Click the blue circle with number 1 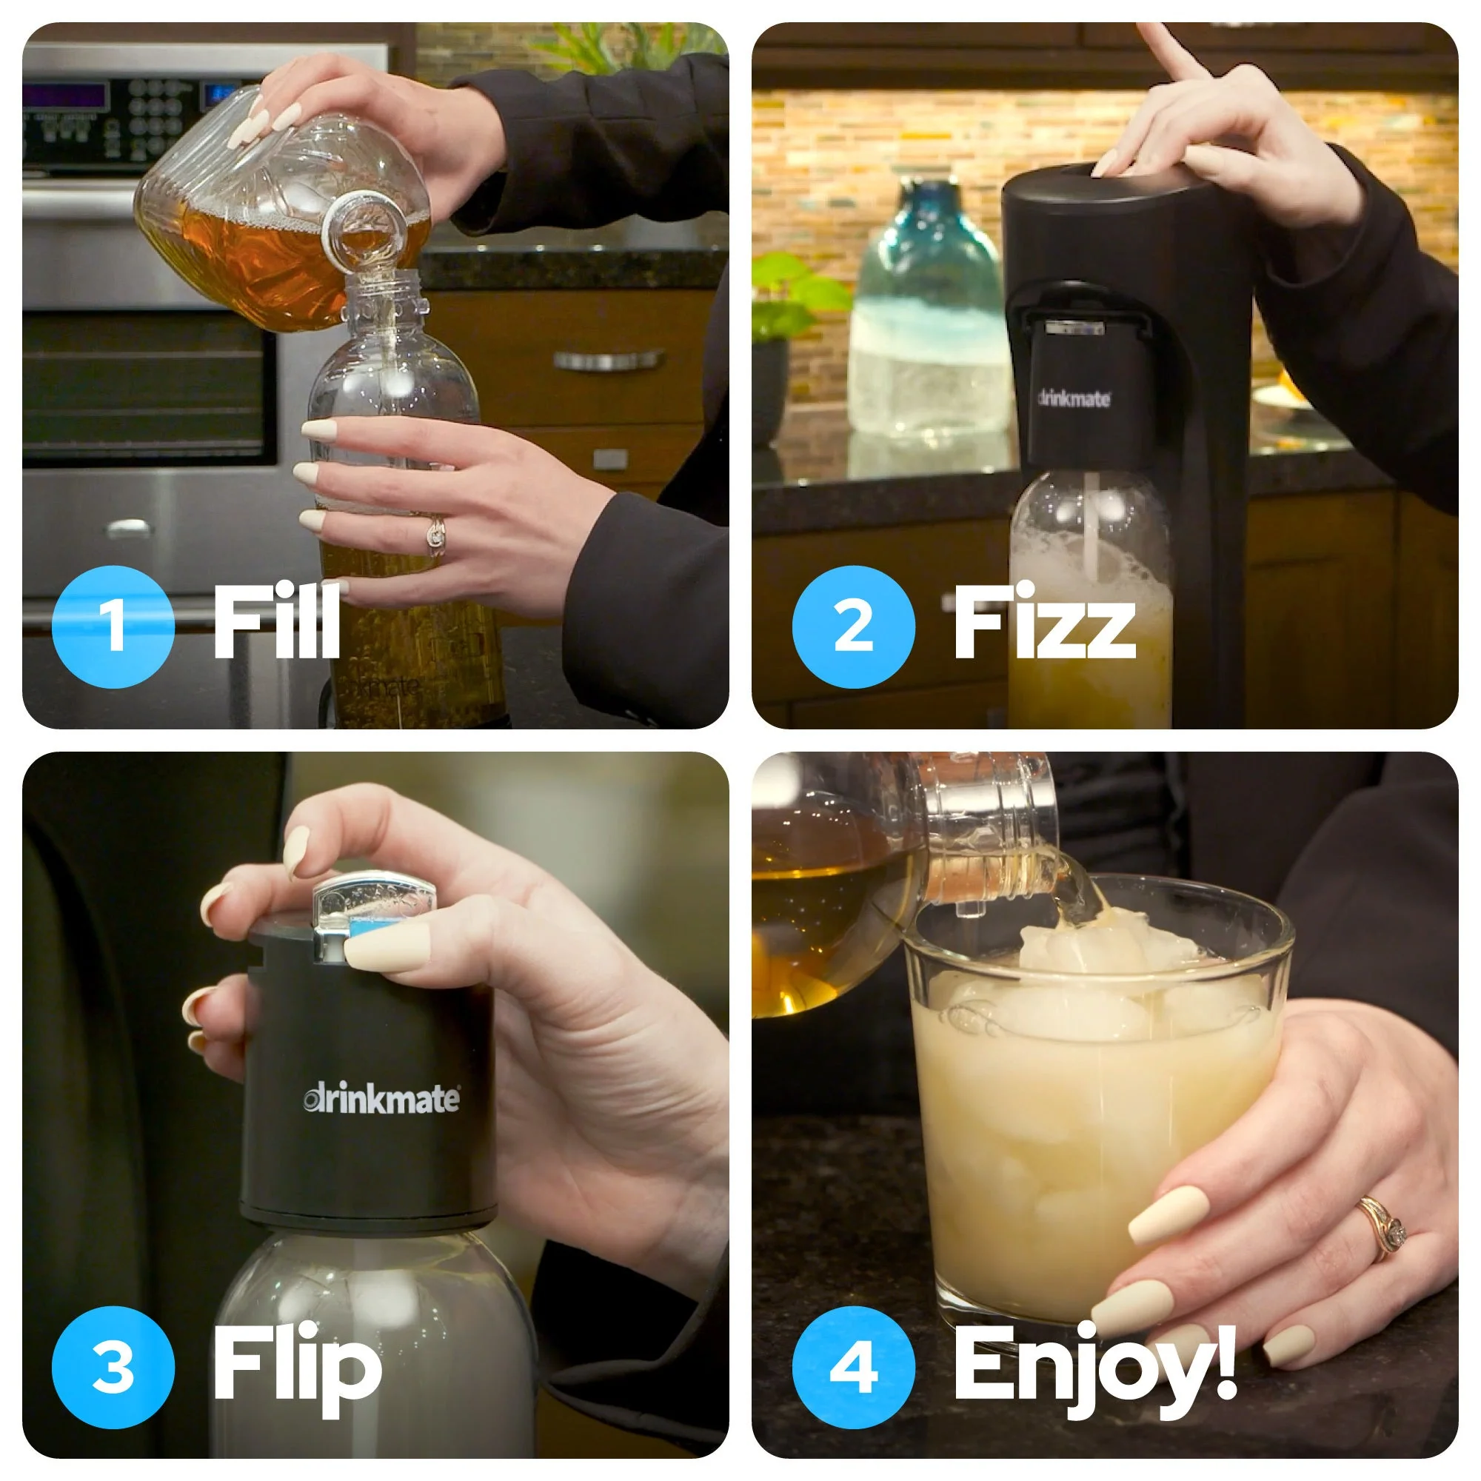113,626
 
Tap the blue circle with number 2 853,626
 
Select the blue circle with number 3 113,1367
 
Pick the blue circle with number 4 853,1367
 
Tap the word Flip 297,1370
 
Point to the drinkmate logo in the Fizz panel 1074,398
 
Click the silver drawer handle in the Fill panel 608,360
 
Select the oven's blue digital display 64,96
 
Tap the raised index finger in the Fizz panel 1165,50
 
